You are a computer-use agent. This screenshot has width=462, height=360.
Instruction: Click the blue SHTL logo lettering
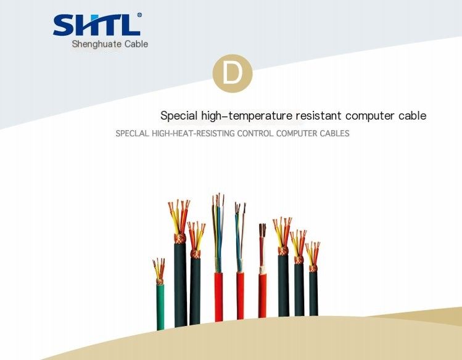[97, 25]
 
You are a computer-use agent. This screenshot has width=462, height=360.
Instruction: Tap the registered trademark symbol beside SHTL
[139, 15]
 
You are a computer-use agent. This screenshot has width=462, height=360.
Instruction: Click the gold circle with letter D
[233, 73]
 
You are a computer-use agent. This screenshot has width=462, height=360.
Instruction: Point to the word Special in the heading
[179, 115]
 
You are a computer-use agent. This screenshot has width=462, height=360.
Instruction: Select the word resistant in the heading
[318, 115]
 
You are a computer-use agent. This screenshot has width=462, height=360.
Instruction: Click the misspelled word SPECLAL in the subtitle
[132, 133]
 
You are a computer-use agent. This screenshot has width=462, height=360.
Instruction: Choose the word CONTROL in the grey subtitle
[255, 133]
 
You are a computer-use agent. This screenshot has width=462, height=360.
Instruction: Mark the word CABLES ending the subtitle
[334, 133]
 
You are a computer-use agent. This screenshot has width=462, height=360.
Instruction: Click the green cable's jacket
[160, 307]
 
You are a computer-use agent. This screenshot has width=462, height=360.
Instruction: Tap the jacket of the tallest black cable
[180, 285]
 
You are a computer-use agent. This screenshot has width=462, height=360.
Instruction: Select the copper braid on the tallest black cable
[180, 238]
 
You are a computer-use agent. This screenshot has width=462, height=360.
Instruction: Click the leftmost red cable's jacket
[218, 297]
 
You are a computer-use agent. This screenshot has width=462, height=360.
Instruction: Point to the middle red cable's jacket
[240, 295]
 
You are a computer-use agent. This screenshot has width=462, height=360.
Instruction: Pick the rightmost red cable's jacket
[262, 295]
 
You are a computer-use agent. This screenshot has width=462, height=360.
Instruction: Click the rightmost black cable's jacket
[313, 293]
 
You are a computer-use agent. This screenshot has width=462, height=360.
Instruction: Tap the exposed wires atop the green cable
[159, 269]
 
